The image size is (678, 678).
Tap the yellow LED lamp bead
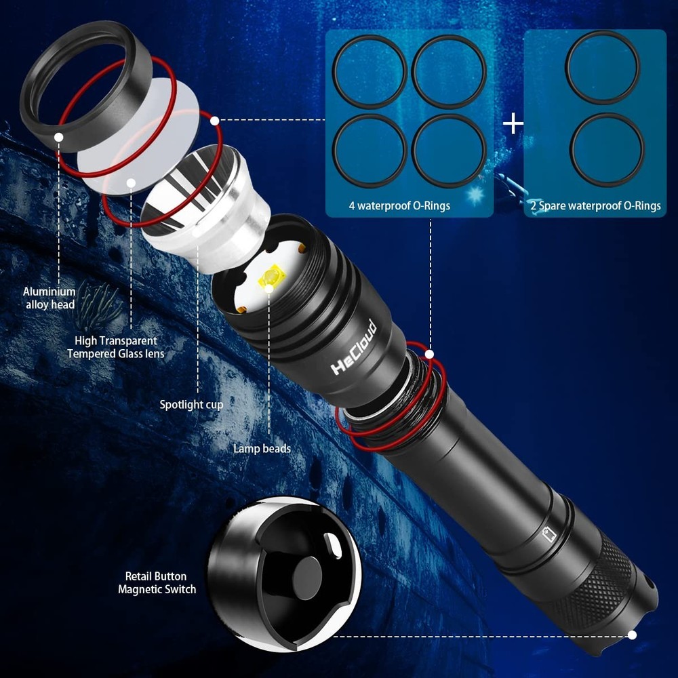click(x=269, y=279)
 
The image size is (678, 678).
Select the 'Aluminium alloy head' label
click(x=50, y=298)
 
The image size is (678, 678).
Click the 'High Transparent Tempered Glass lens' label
click(x=115, y=347)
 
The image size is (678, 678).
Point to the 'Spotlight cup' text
click(x=191, y=405)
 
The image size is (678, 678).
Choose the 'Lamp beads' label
click(x=262, y=448)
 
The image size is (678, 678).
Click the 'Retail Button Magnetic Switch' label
click(x=157, y=583)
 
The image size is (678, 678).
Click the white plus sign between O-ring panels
click(x=513, y=123)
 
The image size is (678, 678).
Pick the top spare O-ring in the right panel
click(x=602, y=68)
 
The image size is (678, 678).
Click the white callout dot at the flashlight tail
click(x=632, y=635)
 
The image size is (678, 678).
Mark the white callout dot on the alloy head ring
click(x=60, y=137)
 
